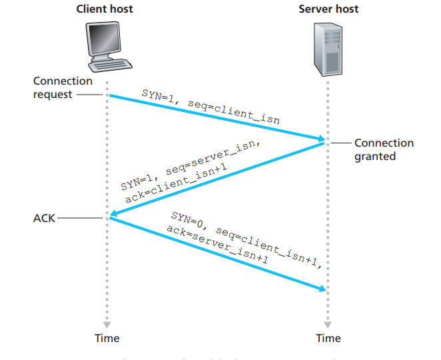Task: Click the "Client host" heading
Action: (x=105, y=9)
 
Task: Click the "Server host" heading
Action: (x=328, y=9)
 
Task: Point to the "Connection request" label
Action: (x=63, y=87)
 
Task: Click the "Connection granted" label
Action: (x=384, y=149)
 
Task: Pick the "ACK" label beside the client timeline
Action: (x=44, y=218)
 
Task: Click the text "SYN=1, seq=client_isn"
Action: (x=210, y=107)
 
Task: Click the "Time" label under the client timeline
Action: (x=107, y=338)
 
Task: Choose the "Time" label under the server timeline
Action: (x=328, y=338)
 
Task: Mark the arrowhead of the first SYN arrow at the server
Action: (x=321, y=139)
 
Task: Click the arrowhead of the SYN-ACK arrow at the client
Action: (x=113, y=215)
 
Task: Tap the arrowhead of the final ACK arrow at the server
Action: (x=322, y=288)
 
